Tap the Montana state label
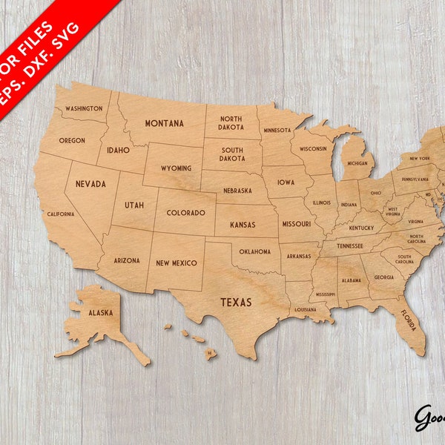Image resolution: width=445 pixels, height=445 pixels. pos(164,123)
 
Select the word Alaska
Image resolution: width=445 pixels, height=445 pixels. pos(101,313)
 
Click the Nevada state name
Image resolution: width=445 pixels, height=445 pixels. pos(90,183)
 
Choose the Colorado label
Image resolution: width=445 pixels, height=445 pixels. pos(185,213)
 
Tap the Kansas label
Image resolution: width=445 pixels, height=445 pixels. pos(243,224)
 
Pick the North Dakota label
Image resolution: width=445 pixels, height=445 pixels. pos(231,123)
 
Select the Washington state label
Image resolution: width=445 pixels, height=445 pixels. pos(84,108)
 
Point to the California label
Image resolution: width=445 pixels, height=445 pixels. pos(61,214)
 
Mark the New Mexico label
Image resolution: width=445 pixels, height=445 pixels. pos(177,263)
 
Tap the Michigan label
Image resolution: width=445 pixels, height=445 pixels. pos(357,163)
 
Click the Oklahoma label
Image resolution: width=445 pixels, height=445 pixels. pos(255,251)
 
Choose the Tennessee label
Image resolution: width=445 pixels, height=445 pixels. pos(349,245)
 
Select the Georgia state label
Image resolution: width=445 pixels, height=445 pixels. pos(383,277)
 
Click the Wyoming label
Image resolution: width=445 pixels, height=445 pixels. pos(176,168)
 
